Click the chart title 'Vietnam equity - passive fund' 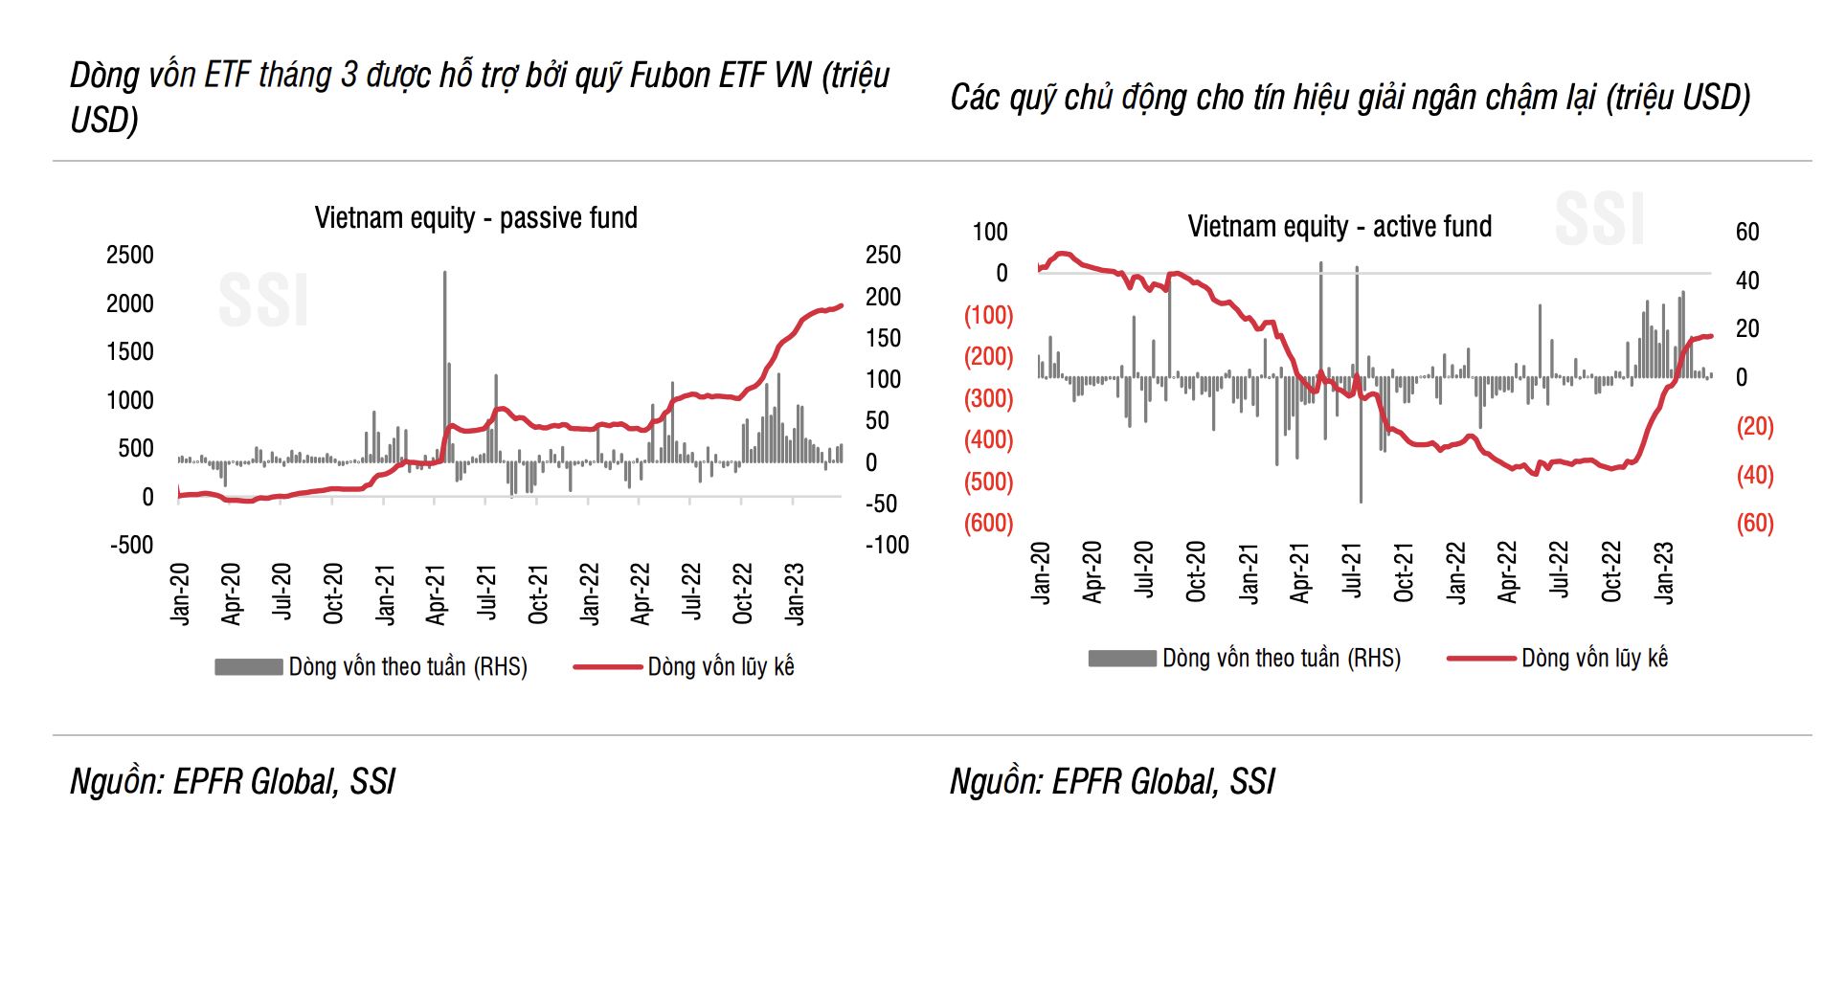point(476,218)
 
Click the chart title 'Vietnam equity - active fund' point(1339,227)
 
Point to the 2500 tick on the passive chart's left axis point(130,256)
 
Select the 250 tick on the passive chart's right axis point(883,256)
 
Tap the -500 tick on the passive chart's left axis point(132,546)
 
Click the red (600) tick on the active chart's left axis point(988,524)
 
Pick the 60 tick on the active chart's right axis point(1747,232)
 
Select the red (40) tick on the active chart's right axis point(1755,476)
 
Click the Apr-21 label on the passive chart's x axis point(436,594)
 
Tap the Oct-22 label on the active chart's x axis point(1611,571)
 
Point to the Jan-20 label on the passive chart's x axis point(180,594)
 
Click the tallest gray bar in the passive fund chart point(444,364)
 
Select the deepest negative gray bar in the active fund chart point(1361,440)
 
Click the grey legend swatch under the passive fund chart point(248,667)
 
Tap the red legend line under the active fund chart point(1481,659)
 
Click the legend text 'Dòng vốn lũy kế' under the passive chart point(721,667)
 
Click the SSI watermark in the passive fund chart point(263,300)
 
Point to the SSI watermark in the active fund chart point(1600,218)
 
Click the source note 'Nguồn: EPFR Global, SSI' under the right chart point(1112,782)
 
